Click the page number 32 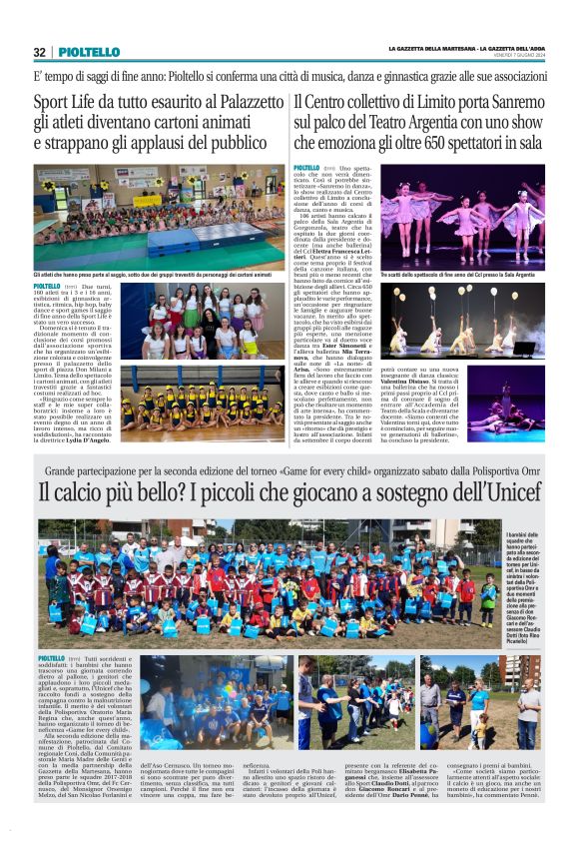coord(39,53)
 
